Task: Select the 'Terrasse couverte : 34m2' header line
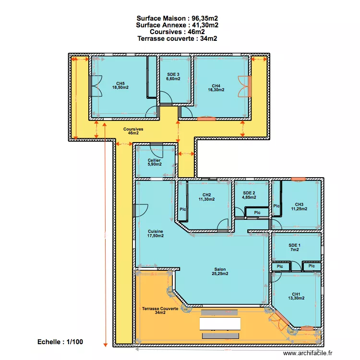click(177, 39)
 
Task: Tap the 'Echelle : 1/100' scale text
click(60, 342)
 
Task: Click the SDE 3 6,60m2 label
click(173, 77)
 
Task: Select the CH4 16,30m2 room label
click(216, 87)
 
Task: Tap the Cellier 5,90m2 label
click(154, 162)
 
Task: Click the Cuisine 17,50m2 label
click(155, 233)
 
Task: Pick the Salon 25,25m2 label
click(220, 272)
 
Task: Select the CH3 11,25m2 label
click(299, 206)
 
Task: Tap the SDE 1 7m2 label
click(294, 248)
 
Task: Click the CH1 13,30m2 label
click(296, 297)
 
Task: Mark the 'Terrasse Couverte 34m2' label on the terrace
click(160, 310)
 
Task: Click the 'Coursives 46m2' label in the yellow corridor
click(133, 131)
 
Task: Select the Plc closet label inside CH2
click(182, 209)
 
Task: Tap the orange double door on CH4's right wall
click(246, 86)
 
